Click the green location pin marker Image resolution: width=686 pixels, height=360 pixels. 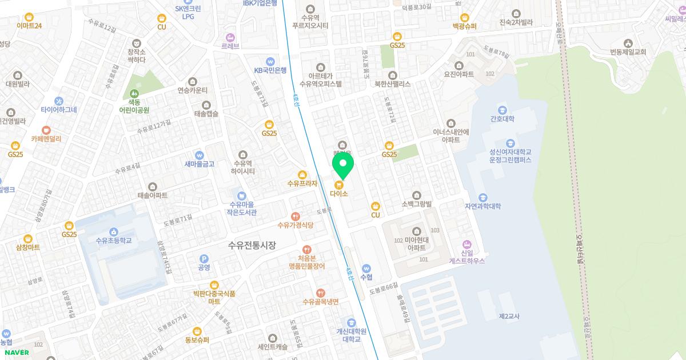click(343, 166)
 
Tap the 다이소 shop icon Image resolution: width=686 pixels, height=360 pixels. click(339, 185)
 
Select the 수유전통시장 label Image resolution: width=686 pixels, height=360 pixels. click(252, 246)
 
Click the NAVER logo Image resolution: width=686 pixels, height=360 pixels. click(17, 352)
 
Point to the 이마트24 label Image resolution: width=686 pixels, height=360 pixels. click(29, 26)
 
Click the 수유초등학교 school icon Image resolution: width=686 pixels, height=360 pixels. click(114, 231)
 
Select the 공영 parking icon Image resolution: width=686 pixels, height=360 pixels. click(204, 258)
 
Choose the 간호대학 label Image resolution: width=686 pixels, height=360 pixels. click(502, 119)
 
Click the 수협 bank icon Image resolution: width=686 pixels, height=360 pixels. click(366, 268)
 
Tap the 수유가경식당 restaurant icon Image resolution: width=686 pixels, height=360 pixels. click(295, 216)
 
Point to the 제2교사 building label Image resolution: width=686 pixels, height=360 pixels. click(509, 316)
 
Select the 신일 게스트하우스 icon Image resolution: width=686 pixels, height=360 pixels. click(467, 244)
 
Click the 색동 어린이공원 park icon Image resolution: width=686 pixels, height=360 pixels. click(134, 93)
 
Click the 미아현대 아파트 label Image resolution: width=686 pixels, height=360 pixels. click(416, 244)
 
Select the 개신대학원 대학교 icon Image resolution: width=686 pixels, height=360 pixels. click(351, 322)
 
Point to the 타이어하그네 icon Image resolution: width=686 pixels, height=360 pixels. click(58, 100)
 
